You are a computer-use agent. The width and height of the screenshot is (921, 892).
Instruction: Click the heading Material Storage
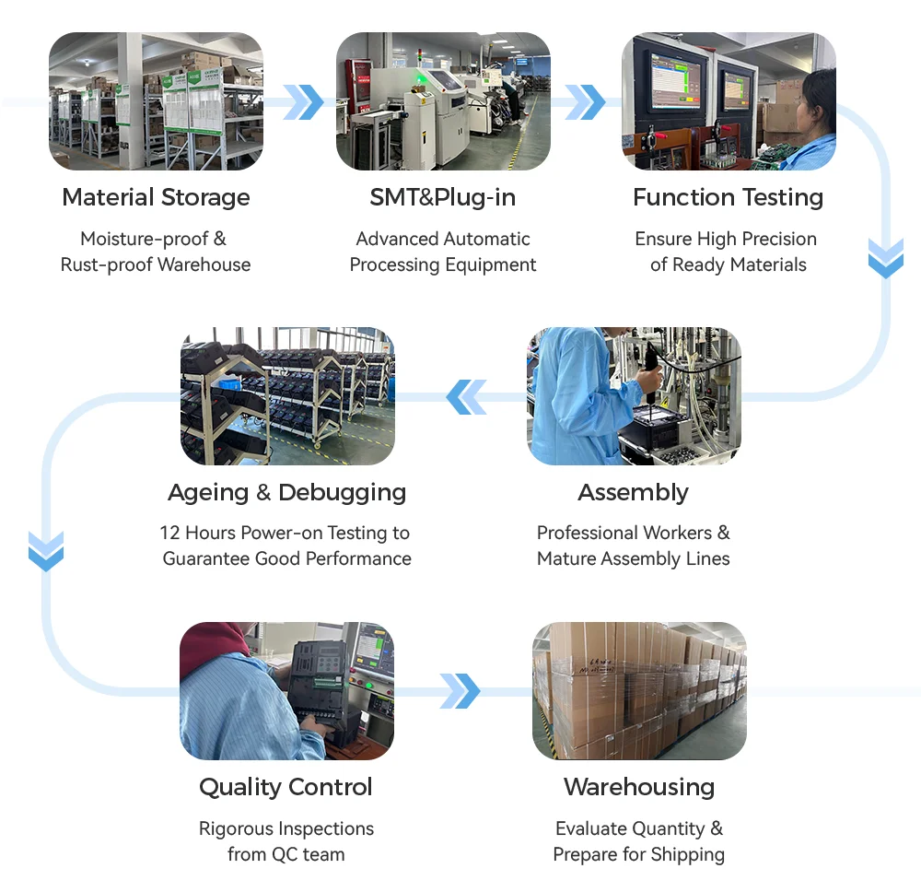(x=156, y=197)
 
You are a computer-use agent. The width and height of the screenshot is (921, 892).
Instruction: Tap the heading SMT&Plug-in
(x=443, y=197)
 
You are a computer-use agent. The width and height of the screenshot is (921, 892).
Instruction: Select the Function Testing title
(x=729, y=197)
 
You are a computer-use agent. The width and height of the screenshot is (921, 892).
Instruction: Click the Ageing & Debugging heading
(x=287, y=492)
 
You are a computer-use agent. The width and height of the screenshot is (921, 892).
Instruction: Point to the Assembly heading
(x=634, y=492)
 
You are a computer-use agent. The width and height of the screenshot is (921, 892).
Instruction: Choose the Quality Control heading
(x=286, y=787)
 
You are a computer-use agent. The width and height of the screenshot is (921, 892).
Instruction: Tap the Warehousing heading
(x=639, y=787)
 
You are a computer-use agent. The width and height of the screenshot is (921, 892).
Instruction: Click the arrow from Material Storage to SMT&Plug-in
(x=303, y=102)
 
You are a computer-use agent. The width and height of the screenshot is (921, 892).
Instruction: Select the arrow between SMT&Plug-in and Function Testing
(x=585, y=102)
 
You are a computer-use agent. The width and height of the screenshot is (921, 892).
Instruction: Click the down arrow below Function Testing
(x=886, y=259)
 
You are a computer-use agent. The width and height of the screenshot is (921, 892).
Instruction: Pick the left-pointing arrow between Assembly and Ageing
(x=466, y=396)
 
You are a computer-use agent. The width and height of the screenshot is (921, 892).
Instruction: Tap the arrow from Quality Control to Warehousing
(x=460, y=691)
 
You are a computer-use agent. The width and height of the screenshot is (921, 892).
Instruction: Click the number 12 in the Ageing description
(x=169, y=533)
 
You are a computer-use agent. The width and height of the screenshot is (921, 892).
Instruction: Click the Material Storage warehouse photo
(x=156, y=101)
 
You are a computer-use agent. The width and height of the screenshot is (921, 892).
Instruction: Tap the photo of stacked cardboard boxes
(x=639, y=691)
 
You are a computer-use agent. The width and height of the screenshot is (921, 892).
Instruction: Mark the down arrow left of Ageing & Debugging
(x=46, y=551)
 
